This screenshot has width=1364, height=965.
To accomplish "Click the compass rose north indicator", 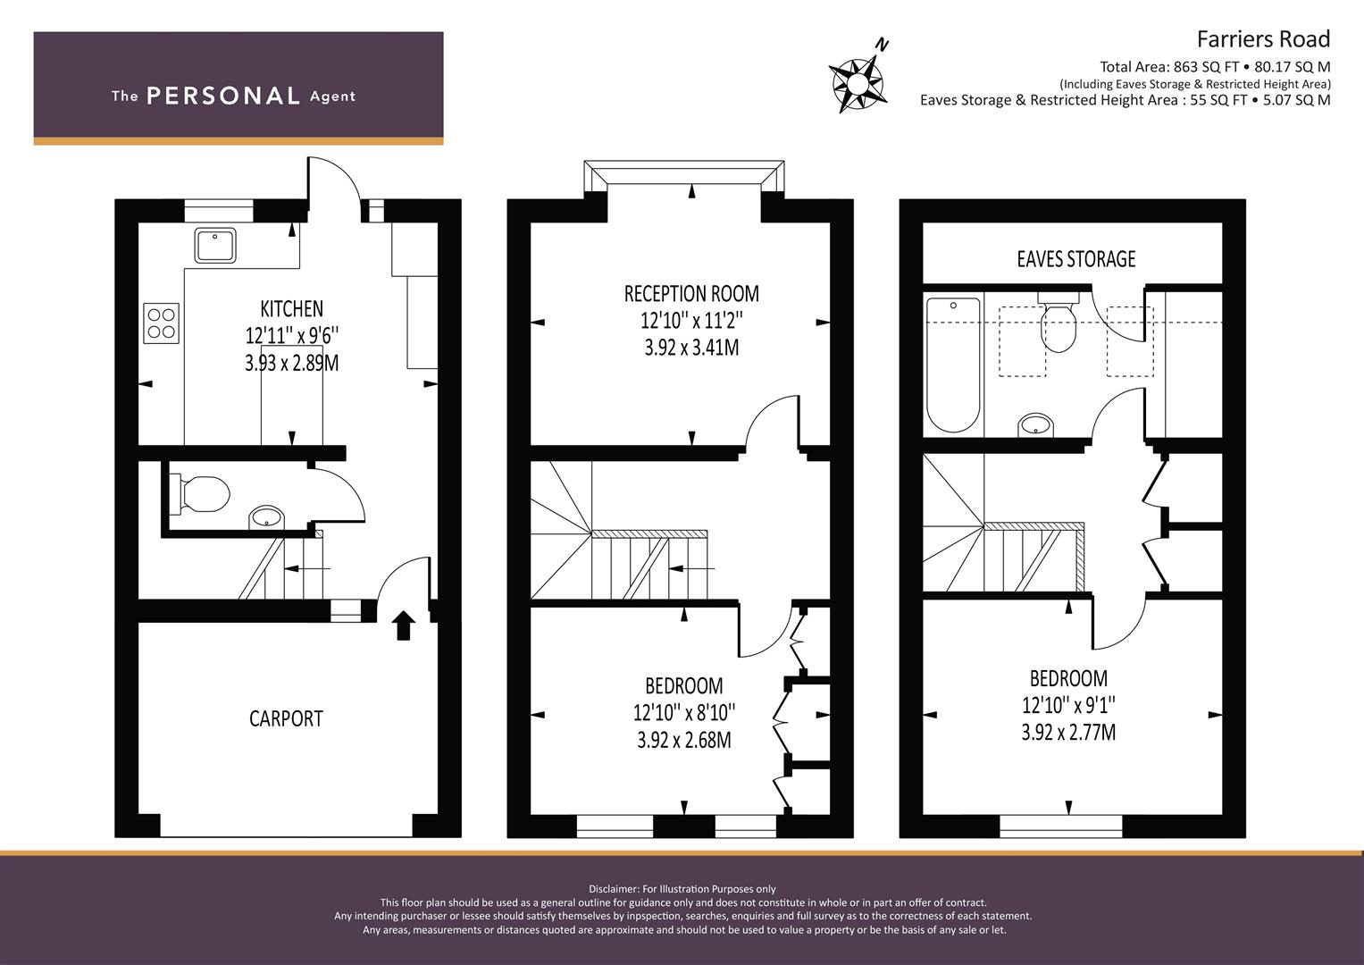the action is [x=857, y=81].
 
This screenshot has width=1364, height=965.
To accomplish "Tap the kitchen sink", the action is [x=215, y=246].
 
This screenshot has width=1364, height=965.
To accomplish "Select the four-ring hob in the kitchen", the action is [x=162, y=323].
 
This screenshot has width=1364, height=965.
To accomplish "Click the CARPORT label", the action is [x=286, y=719].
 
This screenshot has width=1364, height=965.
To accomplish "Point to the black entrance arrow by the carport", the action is [x=403, y=625].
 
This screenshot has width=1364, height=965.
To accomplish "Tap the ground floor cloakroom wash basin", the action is [x=266, y=518].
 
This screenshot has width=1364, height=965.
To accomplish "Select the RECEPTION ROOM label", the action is [x=691, y=294].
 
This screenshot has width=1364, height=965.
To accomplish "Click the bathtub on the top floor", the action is [x=954, y=365].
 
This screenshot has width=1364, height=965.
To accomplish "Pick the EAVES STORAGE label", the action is [x=1076, y=259].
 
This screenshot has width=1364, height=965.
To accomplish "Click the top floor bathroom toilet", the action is [x=1059, y=322].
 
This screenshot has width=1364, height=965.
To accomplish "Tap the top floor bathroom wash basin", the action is [x=1036, y=425].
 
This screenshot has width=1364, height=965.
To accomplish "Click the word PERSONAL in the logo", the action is [x=223, y=96].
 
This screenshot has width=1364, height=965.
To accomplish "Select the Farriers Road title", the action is [x=1264, y=39].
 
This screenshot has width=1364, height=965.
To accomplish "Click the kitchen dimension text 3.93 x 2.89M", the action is [x=292, y=363].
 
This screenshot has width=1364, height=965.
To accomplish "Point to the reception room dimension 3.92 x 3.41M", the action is [x=691, y=348].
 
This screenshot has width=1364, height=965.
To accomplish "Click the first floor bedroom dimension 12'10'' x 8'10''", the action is [x=684, y=712].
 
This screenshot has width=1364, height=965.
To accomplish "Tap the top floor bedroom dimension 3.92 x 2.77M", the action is [x=1068, y=732].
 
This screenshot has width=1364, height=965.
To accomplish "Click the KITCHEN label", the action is [x=292, y=309].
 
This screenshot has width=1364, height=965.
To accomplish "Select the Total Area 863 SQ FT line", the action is [x=1215, y=67].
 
